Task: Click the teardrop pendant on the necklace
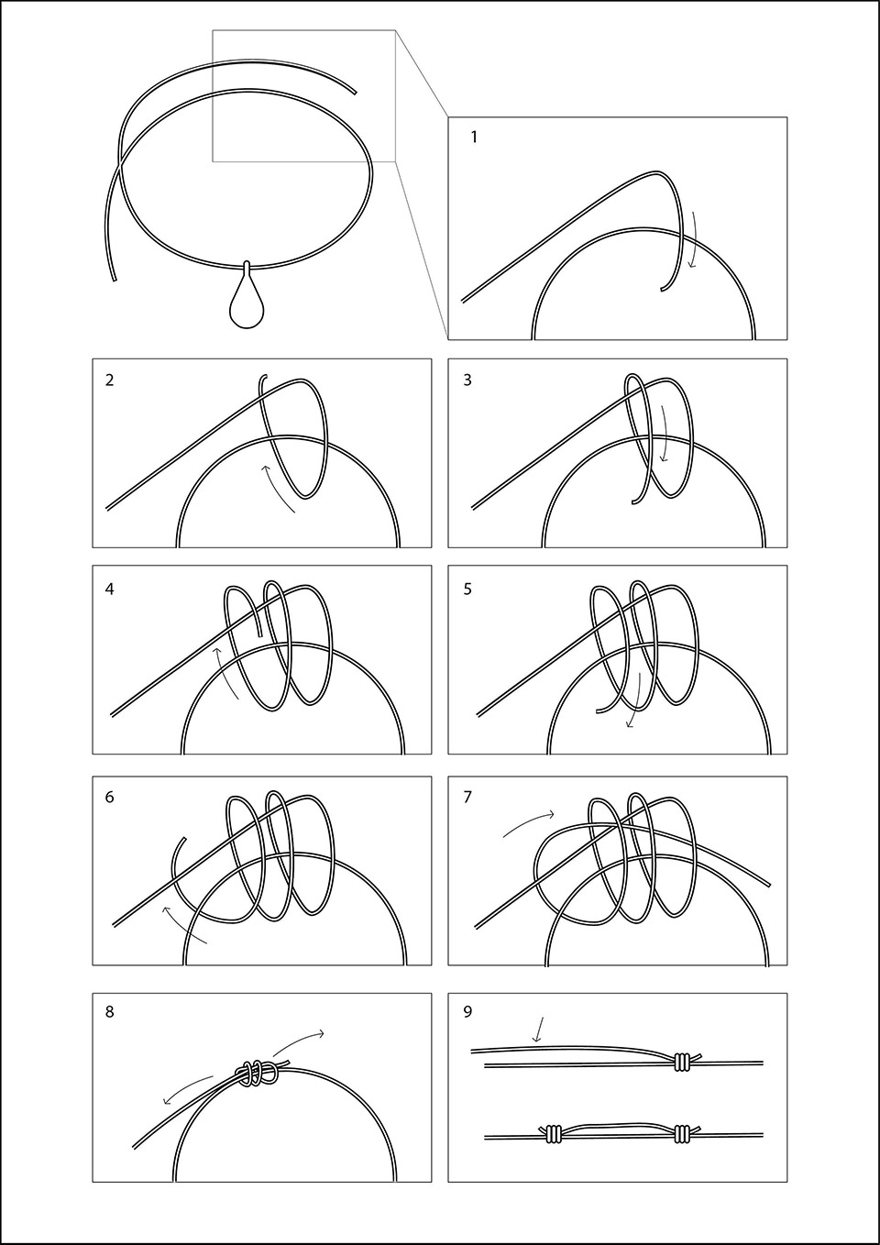[246, 303]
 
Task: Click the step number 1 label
[474, 138]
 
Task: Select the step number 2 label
[110, 380]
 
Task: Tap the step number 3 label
[467, 380]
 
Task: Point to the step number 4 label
[110, 589]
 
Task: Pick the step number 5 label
[467, 589]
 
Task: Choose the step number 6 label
[110, 797]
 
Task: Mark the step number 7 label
[467, 797]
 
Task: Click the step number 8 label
[110, 1012]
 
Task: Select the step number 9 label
[467, 1012]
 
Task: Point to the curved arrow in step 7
[528, 822]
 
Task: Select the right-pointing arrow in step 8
[299, 1042]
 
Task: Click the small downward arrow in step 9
[539, 1030]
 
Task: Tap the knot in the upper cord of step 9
[681, 1062]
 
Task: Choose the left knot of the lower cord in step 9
[555, 1135]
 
